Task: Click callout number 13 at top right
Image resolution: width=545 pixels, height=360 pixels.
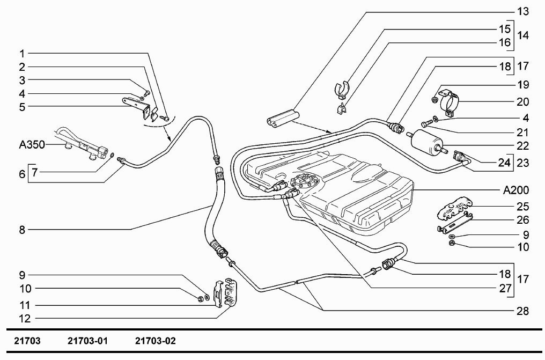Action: coord(522,11)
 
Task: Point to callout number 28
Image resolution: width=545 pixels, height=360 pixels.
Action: coord(522,311)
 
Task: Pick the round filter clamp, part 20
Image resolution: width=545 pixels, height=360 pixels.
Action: coord(450,101)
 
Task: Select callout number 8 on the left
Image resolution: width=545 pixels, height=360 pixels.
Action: coord(22,230)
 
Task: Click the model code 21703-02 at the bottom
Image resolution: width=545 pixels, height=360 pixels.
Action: coord(156,341)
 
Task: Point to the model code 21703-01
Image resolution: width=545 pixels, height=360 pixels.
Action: coord(89,341)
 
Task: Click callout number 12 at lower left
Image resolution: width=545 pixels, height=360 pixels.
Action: coord(22,319)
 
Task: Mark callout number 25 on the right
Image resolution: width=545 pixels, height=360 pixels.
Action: coord(522,206)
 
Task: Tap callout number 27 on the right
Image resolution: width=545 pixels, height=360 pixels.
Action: coord(506,288)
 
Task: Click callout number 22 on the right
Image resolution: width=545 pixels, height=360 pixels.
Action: coord(522,145)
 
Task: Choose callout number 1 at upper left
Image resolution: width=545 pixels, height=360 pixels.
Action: coord(22,54)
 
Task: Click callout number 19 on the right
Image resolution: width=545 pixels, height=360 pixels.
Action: coord(522,85)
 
